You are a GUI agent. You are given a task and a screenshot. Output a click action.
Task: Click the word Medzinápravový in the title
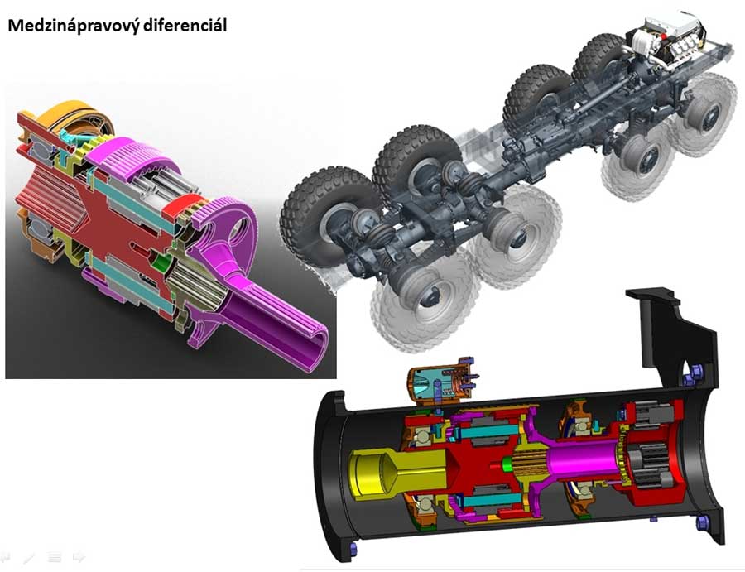tap(73, 25)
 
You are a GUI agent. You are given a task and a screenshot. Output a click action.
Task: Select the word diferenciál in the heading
tap(185, 24)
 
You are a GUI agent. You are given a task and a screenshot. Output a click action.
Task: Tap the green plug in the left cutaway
tap(162, 262)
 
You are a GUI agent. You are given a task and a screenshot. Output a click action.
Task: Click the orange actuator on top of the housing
tap(440, 380)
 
